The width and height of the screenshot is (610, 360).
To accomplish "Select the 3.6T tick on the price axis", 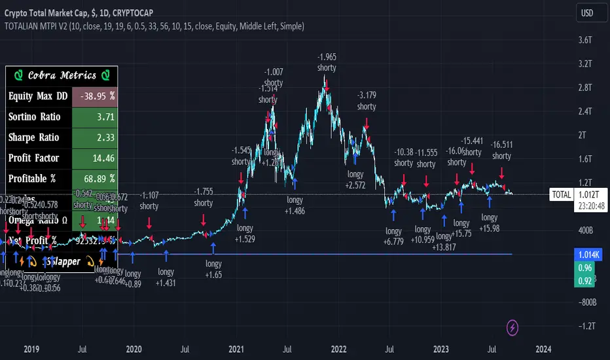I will click(x=584, y=40).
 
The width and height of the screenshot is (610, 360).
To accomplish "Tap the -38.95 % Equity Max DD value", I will click(x=98, y=96).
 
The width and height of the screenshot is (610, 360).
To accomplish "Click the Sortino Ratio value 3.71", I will click(x=98, y=117).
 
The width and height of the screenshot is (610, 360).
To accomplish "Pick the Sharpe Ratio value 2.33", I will click(x=98, y=137).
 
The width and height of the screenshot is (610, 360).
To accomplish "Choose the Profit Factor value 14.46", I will click(x=98, y=158).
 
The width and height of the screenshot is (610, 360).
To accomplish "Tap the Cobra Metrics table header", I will click(x=62, y=76).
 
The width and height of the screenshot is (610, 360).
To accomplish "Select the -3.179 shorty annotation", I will click(x=367, y=101).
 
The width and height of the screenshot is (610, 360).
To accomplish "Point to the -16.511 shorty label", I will click(x=501, y=151).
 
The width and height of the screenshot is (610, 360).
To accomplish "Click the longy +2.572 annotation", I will click(x=355, y=180).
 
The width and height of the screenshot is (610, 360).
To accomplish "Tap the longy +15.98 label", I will click(x=489, y=223).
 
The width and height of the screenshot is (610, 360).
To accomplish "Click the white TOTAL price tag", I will click(x=562, y=194).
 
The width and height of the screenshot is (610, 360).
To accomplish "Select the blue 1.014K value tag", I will click(x=584, y=254).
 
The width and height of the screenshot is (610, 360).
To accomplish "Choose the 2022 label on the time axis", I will click(x=338, y=349).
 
